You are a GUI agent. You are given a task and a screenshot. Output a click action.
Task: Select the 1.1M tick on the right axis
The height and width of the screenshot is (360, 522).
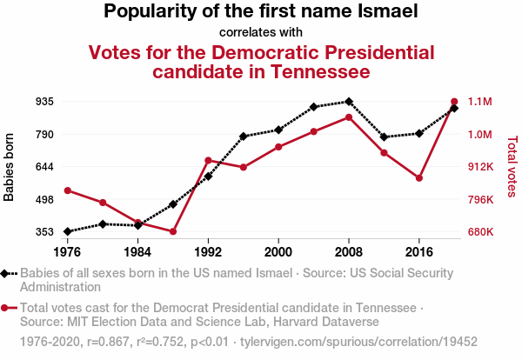[x=480, y=102]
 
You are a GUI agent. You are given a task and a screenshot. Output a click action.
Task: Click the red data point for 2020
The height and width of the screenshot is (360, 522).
[x=454, y=102]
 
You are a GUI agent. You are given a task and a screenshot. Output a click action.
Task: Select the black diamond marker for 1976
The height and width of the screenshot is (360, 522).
[x=67, y=231]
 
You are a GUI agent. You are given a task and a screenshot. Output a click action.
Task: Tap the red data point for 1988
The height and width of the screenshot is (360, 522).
[x=173, y=231]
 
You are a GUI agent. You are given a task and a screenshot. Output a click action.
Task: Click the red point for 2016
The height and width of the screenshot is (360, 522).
[x=419, y=178]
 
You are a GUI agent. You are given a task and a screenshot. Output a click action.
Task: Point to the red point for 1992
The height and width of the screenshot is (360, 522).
[x=208, y=160]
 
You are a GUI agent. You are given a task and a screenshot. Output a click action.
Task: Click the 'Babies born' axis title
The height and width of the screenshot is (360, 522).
[x=10, y=167]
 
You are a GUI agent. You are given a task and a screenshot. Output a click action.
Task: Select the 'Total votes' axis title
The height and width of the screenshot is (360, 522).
[x=512, y=167]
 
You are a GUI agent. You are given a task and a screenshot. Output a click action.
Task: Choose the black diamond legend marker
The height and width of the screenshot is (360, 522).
[x=6, y=273]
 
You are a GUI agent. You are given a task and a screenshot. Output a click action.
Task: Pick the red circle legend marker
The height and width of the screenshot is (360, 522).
[x=6, y=308]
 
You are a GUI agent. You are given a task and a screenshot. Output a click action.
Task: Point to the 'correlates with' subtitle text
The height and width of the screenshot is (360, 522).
[x=261, y=32]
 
